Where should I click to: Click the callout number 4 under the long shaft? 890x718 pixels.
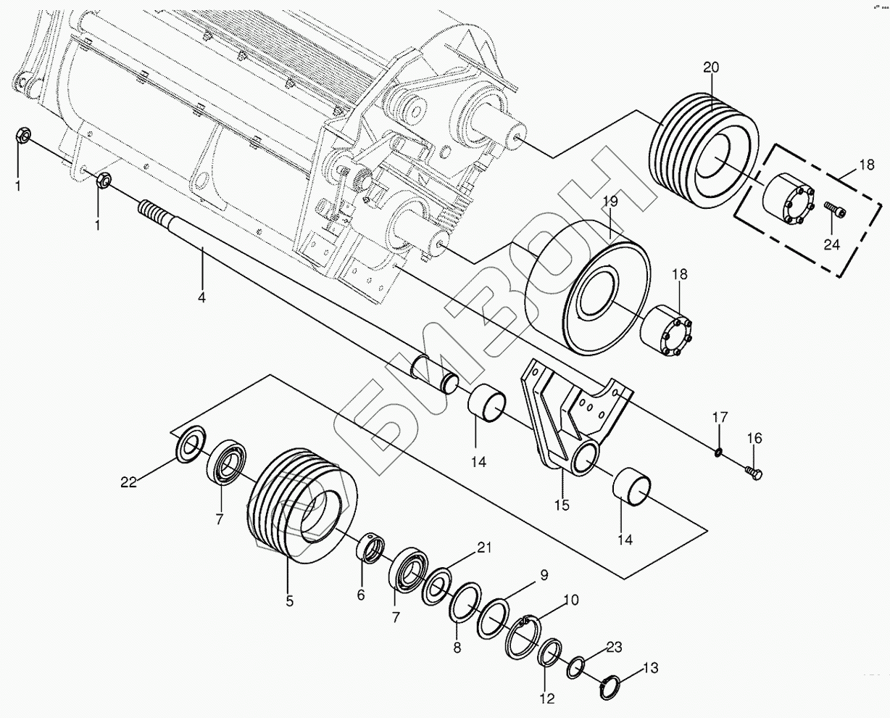point(201,297)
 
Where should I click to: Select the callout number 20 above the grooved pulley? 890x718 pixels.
point(710,67)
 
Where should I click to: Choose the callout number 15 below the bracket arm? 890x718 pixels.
point(562,504)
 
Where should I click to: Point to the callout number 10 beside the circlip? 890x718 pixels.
point(571,600)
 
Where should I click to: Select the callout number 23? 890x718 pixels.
point(614,645)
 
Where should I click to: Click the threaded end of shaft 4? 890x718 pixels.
point(154,213)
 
